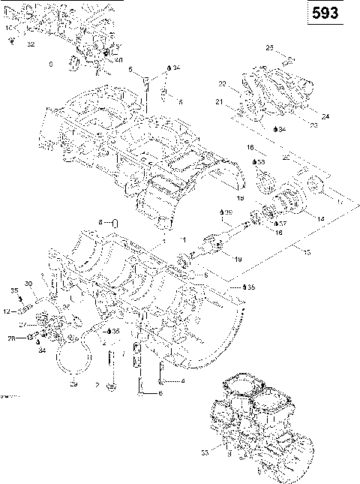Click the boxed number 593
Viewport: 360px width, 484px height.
pyautogui.click(x=331, y=14)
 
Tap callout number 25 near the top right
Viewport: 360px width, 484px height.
pyautogui.click(x=270, y=48)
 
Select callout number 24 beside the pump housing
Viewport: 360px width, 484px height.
pyautogui.click(x=325, y=116)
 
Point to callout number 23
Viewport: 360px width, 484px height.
pyautogui.click(x=313, y=125)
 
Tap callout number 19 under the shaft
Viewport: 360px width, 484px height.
pyautogui.click(x=237, y=259)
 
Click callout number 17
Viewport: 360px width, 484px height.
pyautogui.click(x=338, y=201)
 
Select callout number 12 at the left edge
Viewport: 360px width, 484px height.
pyautogui.click(x=5, y=311)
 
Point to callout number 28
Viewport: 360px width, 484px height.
pyautogui.click(x=10, y=338)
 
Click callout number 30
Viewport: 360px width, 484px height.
pyautogui.click(x=28, y=283)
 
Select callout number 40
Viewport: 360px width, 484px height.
pyautogui.click(x=118, y=60)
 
